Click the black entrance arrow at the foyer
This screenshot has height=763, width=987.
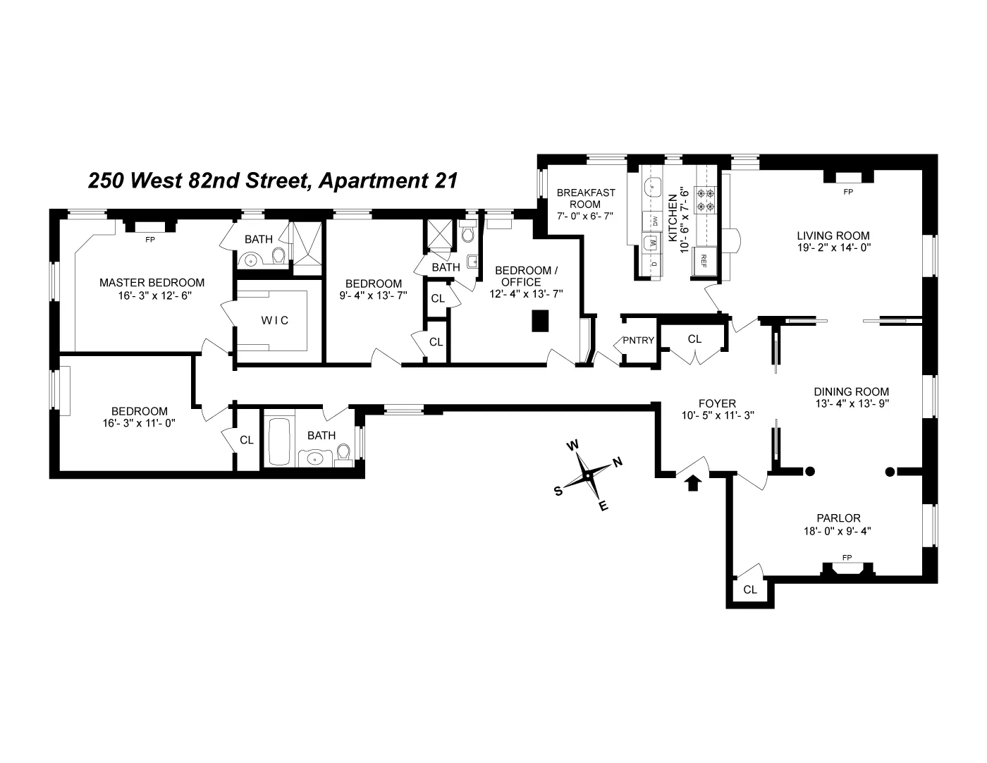click(x=693, y=483)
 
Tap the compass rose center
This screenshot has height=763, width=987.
click(x=587, y=476)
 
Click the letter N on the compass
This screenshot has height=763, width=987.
click(x=618, y=463)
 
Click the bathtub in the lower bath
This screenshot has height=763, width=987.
click(x=275, y=441)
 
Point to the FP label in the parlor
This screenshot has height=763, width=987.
click(x=847, y=558)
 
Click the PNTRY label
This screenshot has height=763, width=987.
click(x=638, y=341)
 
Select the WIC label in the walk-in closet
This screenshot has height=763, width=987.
click(x=275, y=320)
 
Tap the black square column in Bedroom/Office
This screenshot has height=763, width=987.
click(x=540, y=321)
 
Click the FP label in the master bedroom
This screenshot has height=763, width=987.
click(x=149, y=240)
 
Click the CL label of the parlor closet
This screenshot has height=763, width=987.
click(x=750, y=590)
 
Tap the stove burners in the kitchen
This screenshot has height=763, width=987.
click(x=706, y=199)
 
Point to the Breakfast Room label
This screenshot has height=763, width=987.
click(x=586, y=198)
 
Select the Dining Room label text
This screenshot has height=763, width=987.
click(x=851, y=391)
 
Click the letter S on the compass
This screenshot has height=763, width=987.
click(x=558, y=492)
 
